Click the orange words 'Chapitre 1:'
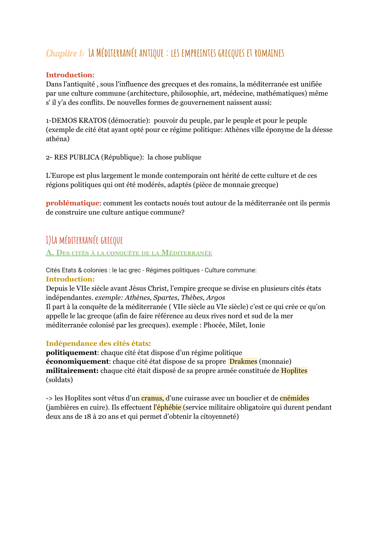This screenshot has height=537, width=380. point(65,53)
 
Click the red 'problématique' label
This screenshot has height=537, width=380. point(72,203)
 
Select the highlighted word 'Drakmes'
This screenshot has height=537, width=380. point(243,361)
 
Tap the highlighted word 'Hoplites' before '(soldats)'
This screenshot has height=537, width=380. point(294,371)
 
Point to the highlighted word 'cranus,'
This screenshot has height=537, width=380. point(153,398)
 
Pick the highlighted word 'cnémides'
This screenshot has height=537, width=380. point(294,398)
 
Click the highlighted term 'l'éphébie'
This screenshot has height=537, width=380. point(167,407)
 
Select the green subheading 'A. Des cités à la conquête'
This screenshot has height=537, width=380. point(129,253)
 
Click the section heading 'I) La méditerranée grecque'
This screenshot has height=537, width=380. point(84,240)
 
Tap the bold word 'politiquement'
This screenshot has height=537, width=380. point(71,353)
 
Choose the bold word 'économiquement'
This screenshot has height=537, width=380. point(77,361)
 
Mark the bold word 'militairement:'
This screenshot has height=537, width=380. point(72,371)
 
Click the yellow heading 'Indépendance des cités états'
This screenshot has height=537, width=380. point(97,343)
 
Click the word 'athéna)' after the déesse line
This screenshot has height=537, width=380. point(58,139)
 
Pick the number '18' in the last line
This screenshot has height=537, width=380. point(88,417)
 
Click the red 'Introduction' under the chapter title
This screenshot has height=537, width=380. point(69,75)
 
